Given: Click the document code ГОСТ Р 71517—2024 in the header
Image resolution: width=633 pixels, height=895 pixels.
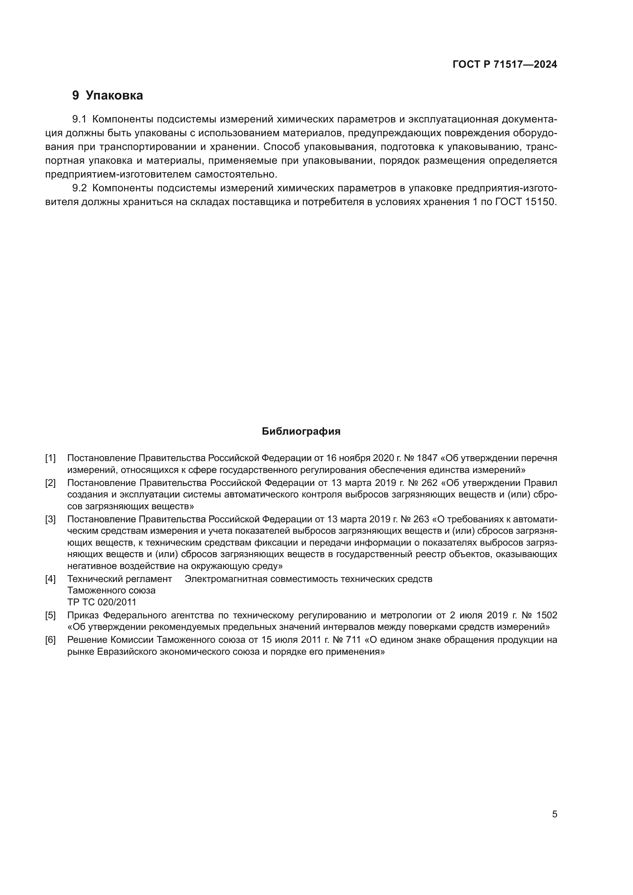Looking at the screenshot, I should point(505,65).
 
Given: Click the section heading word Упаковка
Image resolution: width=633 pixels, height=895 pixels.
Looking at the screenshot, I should point(114,96).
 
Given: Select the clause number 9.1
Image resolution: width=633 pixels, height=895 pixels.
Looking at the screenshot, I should point(79,119).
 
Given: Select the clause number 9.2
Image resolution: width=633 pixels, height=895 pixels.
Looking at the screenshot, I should point(79,188).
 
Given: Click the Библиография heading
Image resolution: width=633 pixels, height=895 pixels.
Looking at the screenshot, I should point(301,432).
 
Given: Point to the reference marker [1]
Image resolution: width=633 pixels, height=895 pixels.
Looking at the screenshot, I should point(50,458).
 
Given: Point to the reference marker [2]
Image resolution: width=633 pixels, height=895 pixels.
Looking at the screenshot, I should point(50,483).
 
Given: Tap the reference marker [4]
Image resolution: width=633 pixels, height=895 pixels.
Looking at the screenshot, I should point(50,579).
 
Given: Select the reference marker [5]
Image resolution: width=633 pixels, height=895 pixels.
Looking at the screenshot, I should point(50,616).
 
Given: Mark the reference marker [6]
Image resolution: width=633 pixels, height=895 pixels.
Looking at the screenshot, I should point(50,640).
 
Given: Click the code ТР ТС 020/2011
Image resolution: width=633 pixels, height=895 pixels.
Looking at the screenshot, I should point(102,602).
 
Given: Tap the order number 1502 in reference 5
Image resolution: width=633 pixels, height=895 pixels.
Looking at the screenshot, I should point(547,616).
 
